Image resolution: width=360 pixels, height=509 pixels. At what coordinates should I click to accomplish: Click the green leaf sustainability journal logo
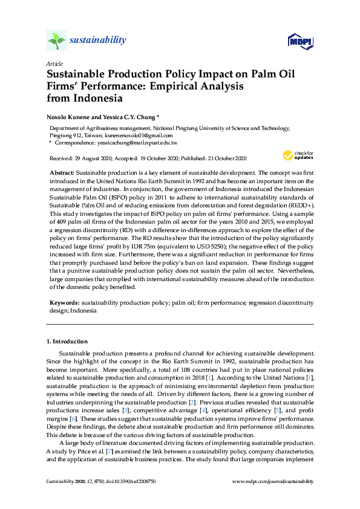56,41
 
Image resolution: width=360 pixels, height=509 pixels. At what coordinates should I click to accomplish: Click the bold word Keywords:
64,301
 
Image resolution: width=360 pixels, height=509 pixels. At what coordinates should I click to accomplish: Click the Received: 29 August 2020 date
82,158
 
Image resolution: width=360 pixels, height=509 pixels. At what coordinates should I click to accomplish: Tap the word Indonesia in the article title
99,98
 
